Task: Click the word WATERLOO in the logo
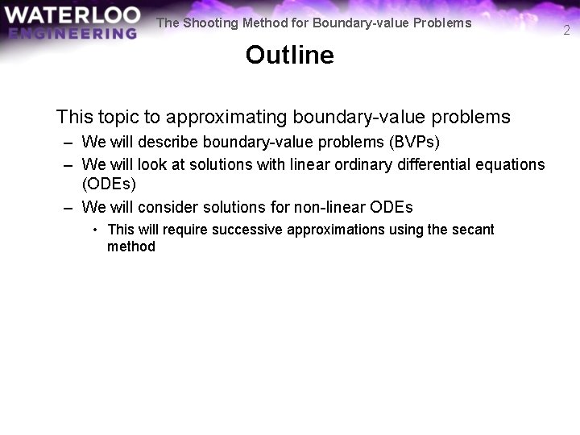click(71, 14)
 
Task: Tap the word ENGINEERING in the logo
click(73, 33)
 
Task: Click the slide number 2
click(566, 31)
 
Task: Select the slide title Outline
click(289, 55)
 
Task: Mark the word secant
click(473, 230)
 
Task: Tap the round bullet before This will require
click(96, 230)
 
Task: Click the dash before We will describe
click(70, 143)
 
